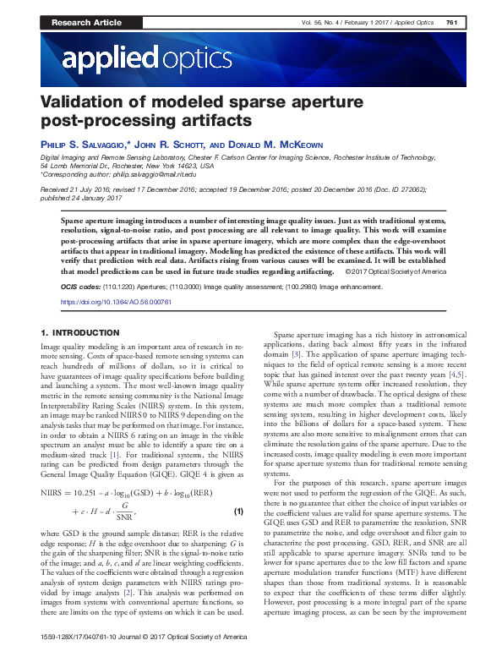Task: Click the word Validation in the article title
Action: tap(79, 101)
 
